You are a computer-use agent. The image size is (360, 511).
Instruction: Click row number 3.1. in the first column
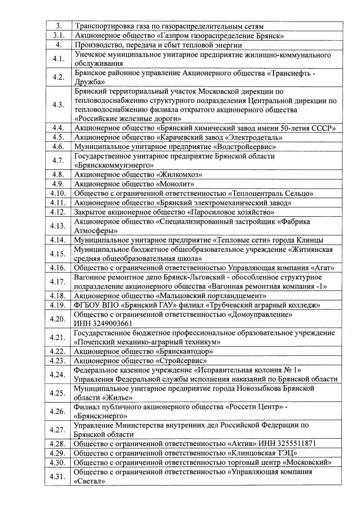tap(58, 35)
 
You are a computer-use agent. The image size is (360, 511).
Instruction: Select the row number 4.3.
tap(58, 104)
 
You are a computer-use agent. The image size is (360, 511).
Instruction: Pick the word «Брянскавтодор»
tap(189, 351)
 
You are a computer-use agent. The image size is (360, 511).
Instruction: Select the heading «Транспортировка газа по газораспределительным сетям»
tap(169, 26)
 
